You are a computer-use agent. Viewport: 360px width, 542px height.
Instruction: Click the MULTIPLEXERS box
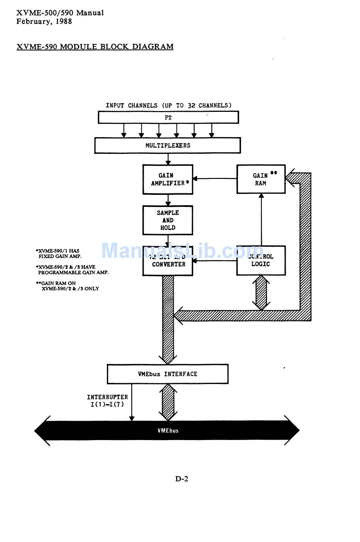point(167,146)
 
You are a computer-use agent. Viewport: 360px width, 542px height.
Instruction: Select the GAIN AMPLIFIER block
point(168,179)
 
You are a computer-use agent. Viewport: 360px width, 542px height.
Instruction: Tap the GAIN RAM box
point(261,179)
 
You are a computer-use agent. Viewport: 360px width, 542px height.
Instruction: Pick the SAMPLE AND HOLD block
point(168,220)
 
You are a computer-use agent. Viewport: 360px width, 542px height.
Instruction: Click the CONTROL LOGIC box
point(261,260)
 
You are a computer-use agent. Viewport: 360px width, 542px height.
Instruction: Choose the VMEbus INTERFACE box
point(167,374)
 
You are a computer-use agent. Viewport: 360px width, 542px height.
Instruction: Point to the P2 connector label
point(168,117)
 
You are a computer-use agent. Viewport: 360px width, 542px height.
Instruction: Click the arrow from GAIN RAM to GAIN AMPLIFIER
point(215,179)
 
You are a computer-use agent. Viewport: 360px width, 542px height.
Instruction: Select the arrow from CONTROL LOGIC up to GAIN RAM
point(261,220)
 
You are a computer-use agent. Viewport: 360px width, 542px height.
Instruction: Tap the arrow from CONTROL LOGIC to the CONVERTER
point(215,261)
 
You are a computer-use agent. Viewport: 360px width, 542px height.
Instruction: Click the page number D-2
point(182,479)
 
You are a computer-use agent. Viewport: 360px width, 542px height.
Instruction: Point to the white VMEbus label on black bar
point(168,431)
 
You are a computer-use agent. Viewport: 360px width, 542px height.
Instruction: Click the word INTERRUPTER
point(107,397)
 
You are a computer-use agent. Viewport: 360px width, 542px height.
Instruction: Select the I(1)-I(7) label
point(107,404)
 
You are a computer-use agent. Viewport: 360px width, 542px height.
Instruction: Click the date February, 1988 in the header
point(44,22)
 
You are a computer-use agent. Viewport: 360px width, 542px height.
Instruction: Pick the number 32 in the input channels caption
point(191,105)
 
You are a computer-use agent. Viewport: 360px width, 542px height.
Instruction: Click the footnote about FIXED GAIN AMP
point(59,254)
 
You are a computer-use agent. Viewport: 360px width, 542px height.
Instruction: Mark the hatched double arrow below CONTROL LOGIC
point(261,293)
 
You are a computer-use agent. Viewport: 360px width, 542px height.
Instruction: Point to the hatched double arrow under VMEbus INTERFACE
point(168,402)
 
